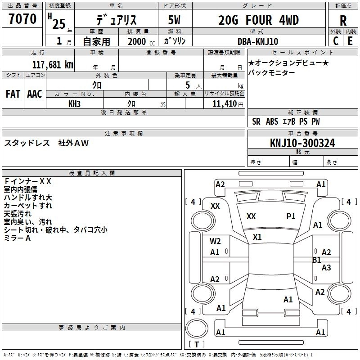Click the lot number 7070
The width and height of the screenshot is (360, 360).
tap(22, 19)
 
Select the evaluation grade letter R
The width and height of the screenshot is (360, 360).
tap(343, 20)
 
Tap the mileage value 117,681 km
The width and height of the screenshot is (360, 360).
tap(53, 65)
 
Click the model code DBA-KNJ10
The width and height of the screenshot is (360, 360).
tap(257, 41)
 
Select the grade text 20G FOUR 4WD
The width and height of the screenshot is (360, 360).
tap(258, 20)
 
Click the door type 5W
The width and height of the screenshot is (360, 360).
tap(175, 20)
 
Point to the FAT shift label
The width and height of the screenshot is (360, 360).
tap(13, 94)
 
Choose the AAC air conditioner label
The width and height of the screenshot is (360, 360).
tap(34, 94)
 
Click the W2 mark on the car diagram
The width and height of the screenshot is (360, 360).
tap(215, 241)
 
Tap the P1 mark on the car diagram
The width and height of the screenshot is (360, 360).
tap(291, 216)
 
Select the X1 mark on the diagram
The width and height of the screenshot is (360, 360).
tap(257, 237)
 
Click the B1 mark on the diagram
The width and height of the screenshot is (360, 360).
tap(317, 260)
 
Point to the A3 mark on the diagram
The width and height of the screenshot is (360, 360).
tap(326, 268)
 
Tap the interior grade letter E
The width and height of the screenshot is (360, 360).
tap(350, 41)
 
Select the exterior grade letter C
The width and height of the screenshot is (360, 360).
tap(335, 41)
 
